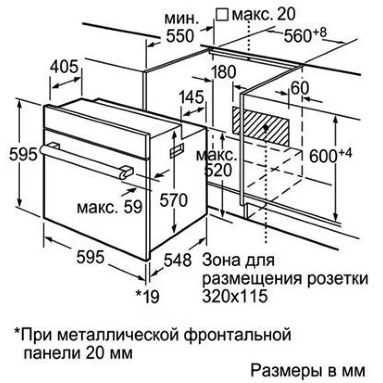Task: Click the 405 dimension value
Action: [64, 67]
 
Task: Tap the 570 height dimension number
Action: [174, 200]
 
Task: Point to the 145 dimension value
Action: [191, 97]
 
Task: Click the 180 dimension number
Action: [224, 72]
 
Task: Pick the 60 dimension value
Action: [300, 88]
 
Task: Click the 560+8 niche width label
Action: [305, 34]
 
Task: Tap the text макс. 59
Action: [110, 207]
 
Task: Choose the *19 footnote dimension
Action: [147, 296]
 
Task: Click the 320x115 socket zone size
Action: [235, 296]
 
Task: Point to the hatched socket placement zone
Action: [260, 126]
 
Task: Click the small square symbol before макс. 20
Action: [222, 15]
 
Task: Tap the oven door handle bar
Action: [87, 160]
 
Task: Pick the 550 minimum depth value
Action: [180, 35]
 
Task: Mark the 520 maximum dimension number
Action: [218, 170]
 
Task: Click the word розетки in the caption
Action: [338, 279]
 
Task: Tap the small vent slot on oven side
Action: [177, 150]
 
